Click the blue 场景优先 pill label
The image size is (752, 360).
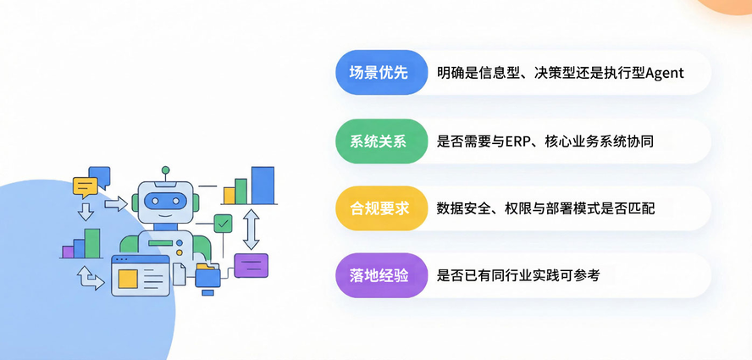coord(380,73)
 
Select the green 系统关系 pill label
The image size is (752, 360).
coord(380,141)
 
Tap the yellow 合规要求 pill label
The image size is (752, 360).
coord(380,208)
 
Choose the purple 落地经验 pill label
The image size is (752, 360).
coord(380,275)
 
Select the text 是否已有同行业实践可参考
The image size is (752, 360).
coord(518,275)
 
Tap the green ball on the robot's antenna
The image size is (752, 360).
coord(165,170)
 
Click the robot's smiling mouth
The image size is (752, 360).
coord(165,216)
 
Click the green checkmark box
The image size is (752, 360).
coord(223,224)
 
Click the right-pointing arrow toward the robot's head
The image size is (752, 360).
coord(115,203)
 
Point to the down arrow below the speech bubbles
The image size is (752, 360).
coord(86,211)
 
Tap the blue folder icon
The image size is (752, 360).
coord(207,276)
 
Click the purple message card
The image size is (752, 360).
coord(251,265)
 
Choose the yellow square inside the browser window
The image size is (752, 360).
coord(128,278)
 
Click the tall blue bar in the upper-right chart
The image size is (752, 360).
coord(263,186)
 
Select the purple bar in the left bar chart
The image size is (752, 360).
coord(68,252)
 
